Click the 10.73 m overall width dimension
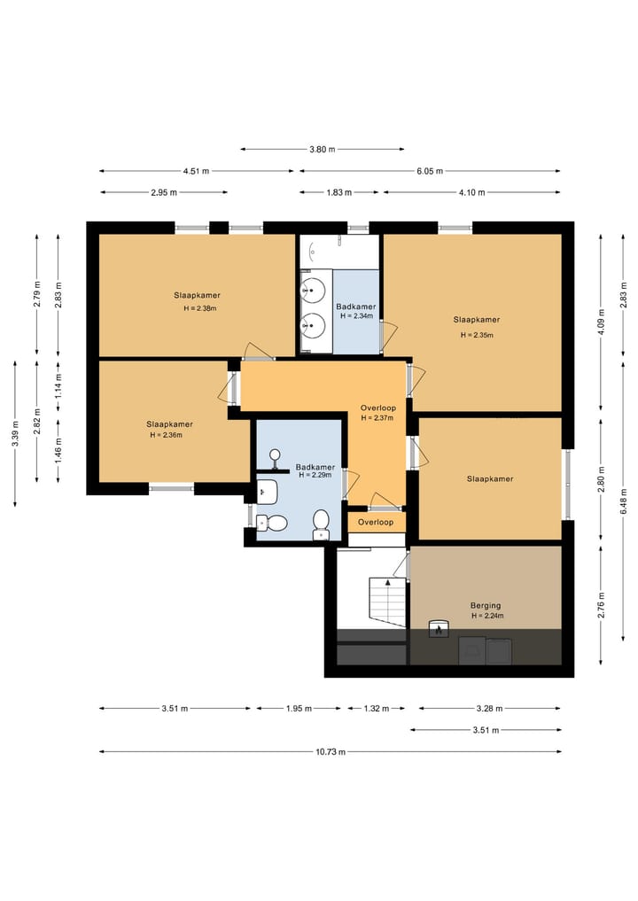[x=331, y=751]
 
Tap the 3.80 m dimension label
[x=322, y=150]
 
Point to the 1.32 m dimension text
[x=377, y=709]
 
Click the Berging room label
[x=486, y=605]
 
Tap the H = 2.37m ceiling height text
[x=377, y=418]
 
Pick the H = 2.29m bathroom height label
[x=315, y=475]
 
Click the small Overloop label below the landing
[x=376, y=523]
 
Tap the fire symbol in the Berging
[x=438, y=630]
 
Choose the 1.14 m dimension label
[x=58, y=385]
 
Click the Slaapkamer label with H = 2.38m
[x=197, y=295]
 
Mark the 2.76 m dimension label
[x=601, y=605]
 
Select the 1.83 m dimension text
[x=339, y=192]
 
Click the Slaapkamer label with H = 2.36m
[x=169, y=424]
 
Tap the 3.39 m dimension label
[x=15, y=433]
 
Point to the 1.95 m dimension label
[x=299, y=709]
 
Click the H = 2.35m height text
[x=477, y=335]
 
